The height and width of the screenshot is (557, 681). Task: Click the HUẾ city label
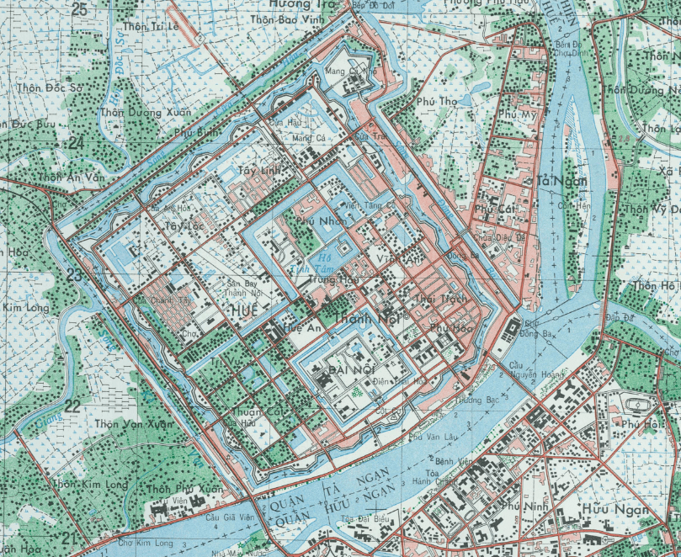pos(240,310)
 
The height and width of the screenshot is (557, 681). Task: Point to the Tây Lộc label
pos(185,226)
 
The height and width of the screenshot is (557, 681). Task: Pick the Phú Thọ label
pos(436,102)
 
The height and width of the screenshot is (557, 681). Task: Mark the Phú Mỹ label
pos(517,114)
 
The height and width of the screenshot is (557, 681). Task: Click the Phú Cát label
pos(494,207)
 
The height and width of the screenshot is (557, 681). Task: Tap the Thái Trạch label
pos(441,299)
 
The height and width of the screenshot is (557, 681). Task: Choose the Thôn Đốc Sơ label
pos(50,87)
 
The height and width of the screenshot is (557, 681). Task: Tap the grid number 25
pos(80,9)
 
